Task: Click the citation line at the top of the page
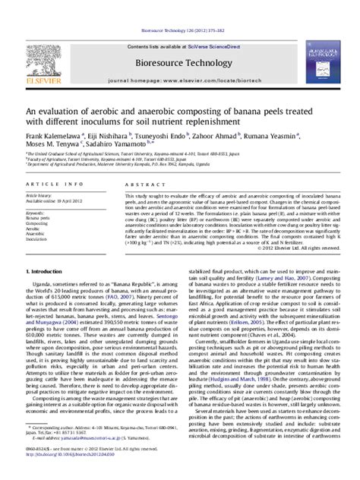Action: [180, 32]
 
